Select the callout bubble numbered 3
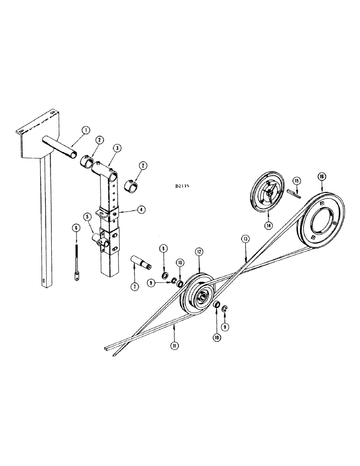click(x=117, y=147)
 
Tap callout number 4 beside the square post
click(x=140, y=210)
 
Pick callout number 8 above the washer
click(x=164, y=249)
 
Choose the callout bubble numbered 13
click(x=246, y=239)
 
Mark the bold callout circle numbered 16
click(x=322, y=176)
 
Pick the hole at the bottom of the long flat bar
click(x=44, y=281)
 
